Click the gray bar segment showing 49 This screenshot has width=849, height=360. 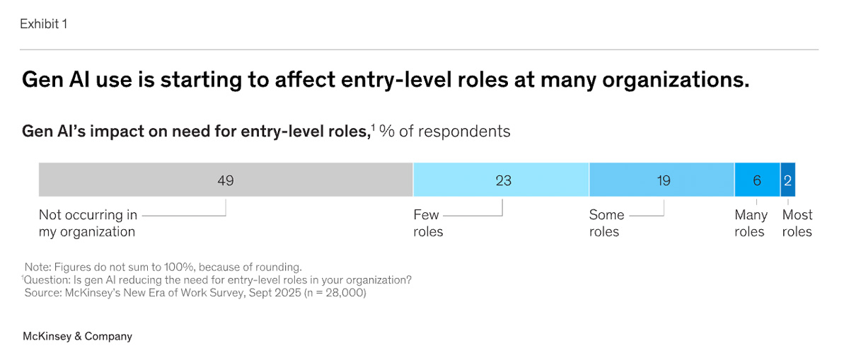pyautogui.click(x=226, y=180)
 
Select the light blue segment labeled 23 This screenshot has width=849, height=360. pyautogui.click(x=501, y=180)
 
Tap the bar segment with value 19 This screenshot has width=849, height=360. pyautogui.click(x=662, y=180)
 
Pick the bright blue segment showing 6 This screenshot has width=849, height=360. pyautogui.click(x=757, y=180)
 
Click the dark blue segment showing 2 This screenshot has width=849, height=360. pyautogui.click(x=788, y=180)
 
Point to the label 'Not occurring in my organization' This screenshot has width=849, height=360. pyautogui.click(x=88, y=223)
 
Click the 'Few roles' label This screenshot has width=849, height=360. pyautogui.click(x=428, y=223)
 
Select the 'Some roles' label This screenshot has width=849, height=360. pyautogui.click(x=606, y=223)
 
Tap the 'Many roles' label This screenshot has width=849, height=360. pyautogui.click(x=751, y=223)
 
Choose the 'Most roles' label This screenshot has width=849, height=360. pyautogui.click(x=797, y=223)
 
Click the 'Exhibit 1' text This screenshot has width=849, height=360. pyautogui.click(x=44, y=24)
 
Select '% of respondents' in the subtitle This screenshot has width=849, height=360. pyautogui.click(x=444, y=132)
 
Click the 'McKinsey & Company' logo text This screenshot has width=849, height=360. pyautogui.click(x=77, y=336)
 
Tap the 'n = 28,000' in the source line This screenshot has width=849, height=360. pyautogui.click(x=335, y=293)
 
